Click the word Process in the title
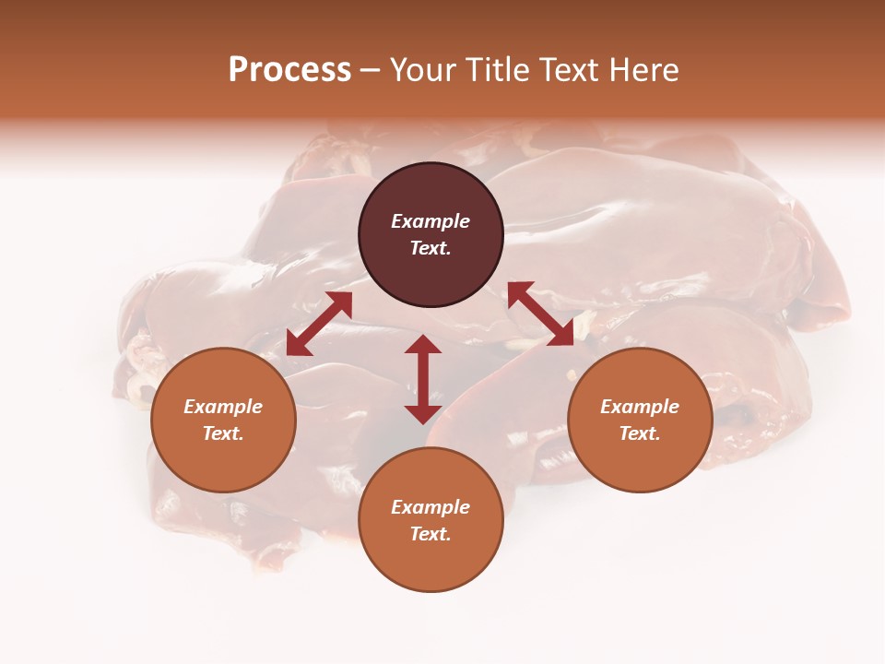tap(289, 70)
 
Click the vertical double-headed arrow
tap(423, 379)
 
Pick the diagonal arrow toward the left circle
tap(319, 324)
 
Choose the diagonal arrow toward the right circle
tap(540, 314)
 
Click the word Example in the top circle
tap(431, 221)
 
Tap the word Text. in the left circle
tap(223, 433)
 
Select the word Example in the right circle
tap(640, 407)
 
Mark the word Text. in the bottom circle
tap(431, 534)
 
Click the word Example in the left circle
tap(223, 407)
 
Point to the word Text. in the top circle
tap(431, 248)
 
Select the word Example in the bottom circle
tap(431, 507)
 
